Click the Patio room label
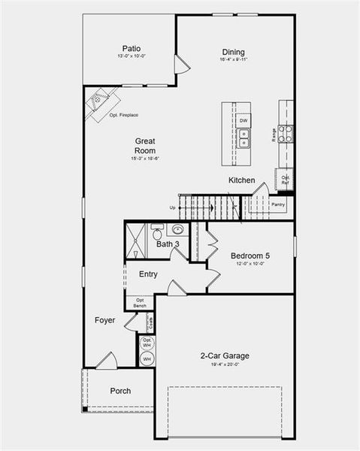(132, 47)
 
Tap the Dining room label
(233, 53)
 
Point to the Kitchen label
(242, 180)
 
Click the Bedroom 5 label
(250, 256)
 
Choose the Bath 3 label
(168, 244)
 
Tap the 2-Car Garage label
(224, 356)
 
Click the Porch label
(120, 391)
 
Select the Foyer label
(105, 320)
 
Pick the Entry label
(148, 274)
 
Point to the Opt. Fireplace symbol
(100, 105)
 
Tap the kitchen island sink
(244, 136)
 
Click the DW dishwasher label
(244, 120)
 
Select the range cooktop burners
(286, 134)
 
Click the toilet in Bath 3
(157, 229)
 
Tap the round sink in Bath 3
(179, 230)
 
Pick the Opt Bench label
(141, 303)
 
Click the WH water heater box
(147, 359)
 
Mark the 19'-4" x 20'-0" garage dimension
(224, 365)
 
